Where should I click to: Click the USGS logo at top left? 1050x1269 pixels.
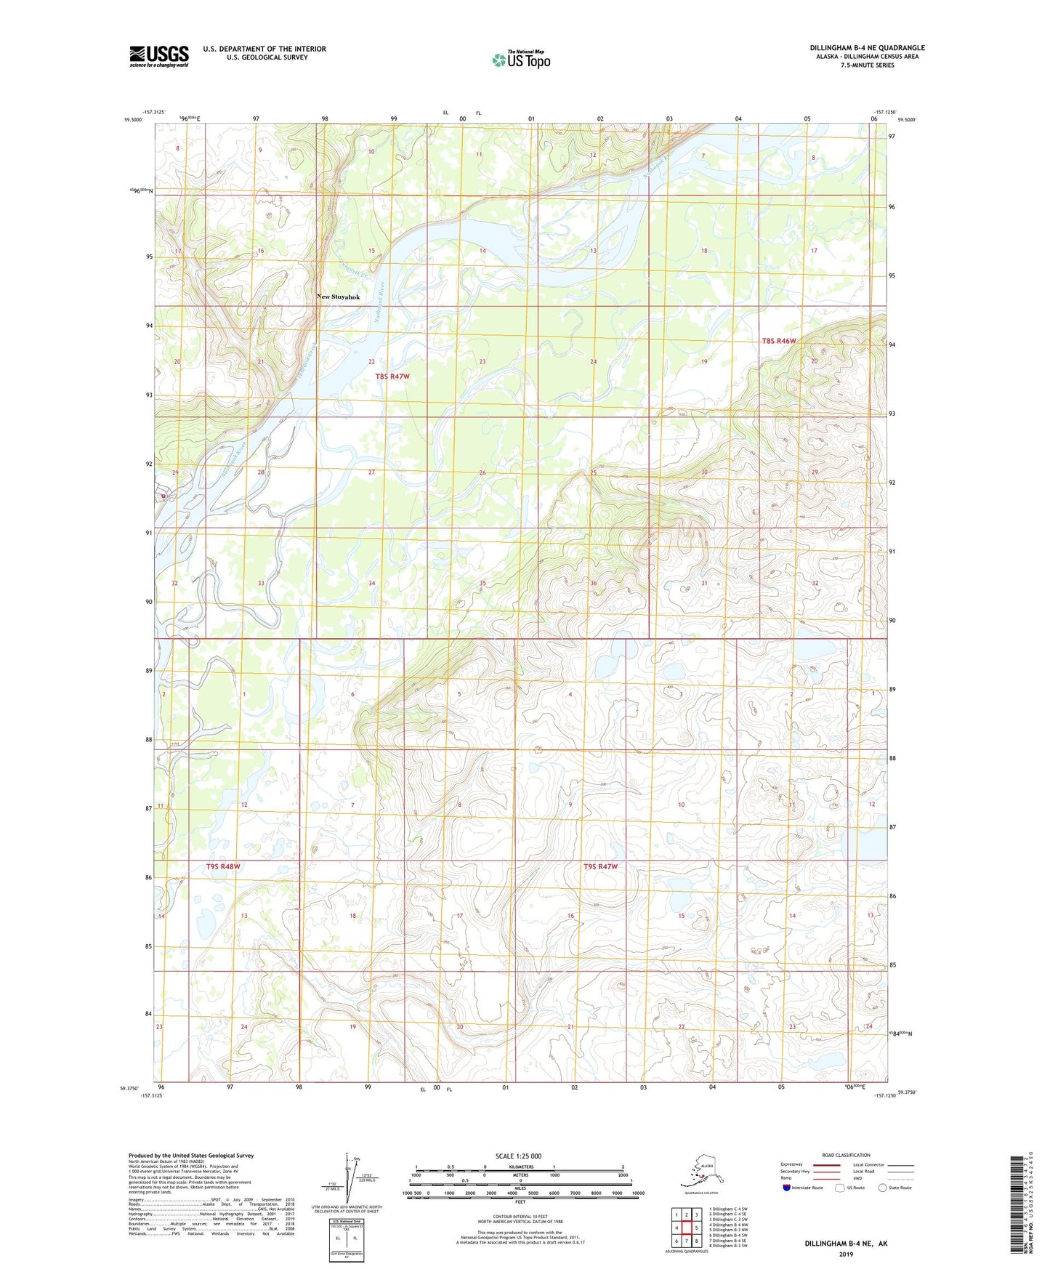pyautogui.click(x=158, y=56)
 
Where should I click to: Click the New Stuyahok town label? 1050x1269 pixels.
pyautogui.click(x=339, y=297)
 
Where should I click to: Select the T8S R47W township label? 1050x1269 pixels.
pyautogui.click(x=392, y=376)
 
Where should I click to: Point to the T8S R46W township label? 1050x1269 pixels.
pyautogui.click(x=779, y=341)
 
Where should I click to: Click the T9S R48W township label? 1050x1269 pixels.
pyautogui.click(x=222, y=866)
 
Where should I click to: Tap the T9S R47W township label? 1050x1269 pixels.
pyautogui.click(x=600, y=866)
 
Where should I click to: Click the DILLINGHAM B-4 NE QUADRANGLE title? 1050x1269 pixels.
pyautogui.click(x=867, y=48)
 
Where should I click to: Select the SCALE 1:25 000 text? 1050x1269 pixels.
pyautogui.click(x=518, y=1156)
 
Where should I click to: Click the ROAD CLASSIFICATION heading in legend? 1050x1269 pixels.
pyautogui.click(x=845, y=1155)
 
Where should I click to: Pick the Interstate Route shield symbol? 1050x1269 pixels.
pyautogui.click(x=787, y=1188)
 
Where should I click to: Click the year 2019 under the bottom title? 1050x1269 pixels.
pyautogui.click(x=845, y=1254)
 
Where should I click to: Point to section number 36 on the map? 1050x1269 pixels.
pyautogui.click(x=593, y=584)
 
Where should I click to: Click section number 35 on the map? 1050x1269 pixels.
pyautogui.click(x=482, y=584)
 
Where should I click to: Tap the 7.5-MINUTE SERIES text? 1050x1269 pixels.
pyautogui.click(x=867, y=65)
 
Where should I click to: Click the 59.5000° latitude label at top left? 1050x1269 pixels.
pyautogui.click(x=132, y=120)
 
